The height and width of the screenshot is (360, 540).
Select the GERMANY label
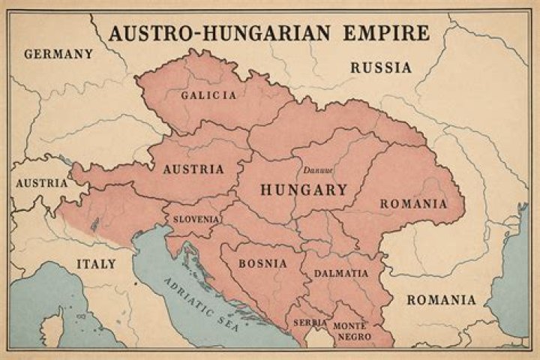pyautogui.click(x=58, y=54)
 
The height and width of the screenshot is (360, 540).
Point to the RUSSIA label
pyautogui.click(x=381, y=67)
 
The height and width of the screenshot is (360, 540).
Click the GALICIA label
pyautogui.click(x=208, y=95)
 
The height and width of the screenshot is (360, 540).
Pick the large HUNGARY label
pyautogui.click(x=304, y=190)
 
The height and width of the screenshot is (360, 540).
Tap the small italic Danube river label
pyautogui.click(x=317, y=170)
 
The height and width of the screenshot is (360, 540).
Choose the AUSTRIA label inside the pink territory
pyautogui.click(x=193, y=169)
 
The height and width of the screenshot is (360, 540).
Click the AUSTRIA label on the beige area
pyautogui.click(x=41, y=183)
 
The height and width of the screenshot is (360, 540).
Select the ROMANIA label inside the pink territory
pyautogui.click(x=413, y=204)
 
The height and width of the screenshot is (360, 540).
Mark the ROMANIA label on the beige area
pyautogui.click(x=441, y=300)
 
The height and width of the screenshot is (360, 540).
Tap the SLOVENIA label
pyautogui.click(x=196, y=220)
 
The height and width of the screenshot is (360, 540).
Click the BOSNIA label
pyautogui.click(x=262, y=264)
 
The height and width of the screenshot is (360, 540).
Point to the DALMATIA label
pyautogui.click(x=341, y=274)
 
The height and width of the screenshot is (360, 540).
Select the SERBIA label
pyautogui.click(x=310, y=322)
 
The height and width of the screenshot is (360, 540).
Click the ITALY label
pyautogui.click(x=97, y=264)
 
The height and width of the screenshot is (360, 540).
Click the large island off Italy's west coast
pyautogui.click(x=51, y=330)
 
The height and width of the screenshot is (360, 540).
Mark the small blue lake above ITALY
pyautogui.click(x=95, y=224)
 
